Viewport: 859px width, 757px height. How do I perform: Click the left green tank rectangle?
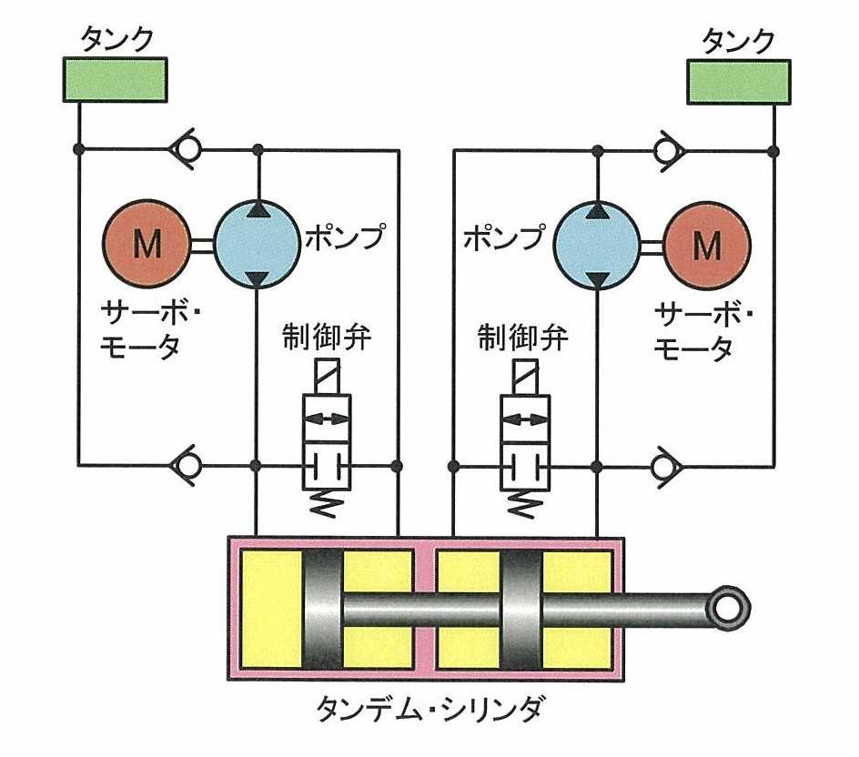(114, 79)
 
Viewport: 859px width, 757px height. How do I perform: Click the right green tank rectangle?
(738, 79)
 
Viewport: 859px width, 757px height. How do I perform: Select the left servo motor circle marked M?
(147, 244)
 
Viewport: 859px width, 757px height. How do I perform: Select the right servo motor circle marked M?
(707, 244)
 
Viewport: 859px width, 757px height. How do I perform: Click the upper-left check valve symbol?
(189, 147)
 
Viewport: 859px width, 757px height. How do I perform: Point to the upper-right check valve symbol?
(668, 147)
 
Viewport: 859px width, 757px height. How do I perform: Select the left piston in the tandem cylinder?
(323, 609)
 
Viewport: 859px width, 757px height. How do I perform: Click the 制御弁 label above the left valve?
(325, 342)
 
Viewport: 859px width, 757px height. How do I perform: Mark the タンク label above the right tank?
(739, 41)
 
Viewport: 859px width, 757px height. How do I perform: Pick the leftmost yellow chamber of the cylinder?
(270, 609)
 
